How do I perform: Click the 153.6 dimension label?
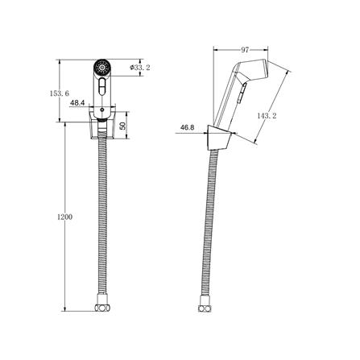pos(60,93)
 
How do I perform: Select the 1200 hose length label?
pos(64,217)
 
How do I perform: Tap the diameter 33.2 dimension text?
pos(139,68)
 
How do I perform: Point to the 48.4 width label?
pos(77,102)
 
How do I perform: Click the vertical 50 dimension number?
pos(122,126)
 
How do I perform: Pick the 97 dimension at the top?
pos(245,50)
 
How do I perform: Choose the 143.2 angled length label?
pos(267,116)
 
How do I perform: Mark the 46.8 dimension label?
pos(187,127)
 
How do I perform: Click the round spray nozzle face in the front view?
pos(101,67)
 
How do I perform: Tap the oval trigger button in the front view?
pos(101,86)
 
